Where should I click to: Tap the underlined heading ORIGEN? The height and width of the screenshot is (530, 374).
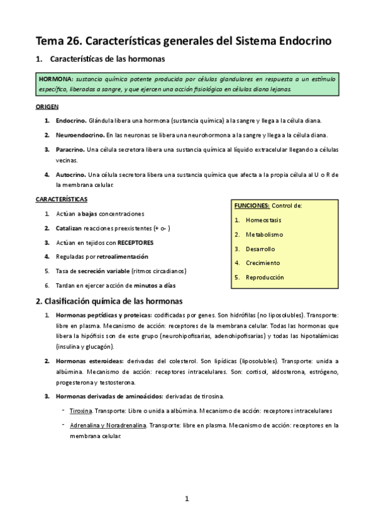[x=47, y=107]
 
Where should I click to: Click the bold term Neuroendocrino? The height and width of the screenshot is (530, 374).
[x=80, y=135]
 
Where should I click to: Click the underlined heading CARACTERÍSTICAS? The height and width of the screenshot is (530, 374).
[x=61, y=199]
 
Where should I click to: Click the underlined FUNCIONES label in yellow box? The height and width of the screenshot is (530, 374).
[x=252, y=206]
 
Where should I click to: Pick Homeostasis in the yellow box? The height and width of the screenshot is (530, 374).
[x=265, y=220]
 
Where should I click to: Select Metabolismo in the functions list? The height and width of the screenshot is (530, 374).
[x=264, y=234]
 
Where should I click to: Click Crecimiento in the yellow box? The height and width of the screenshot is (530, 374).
[x=263, y=262]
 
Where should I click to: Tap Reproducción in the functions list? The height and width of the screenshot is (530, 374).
[x=265, y=277]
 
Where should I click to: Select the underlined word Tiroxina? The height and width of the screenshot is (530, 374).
[x=81, y=411]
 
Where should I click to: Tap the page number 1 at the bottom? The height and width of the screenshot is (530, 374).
[x=186, y=499]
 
